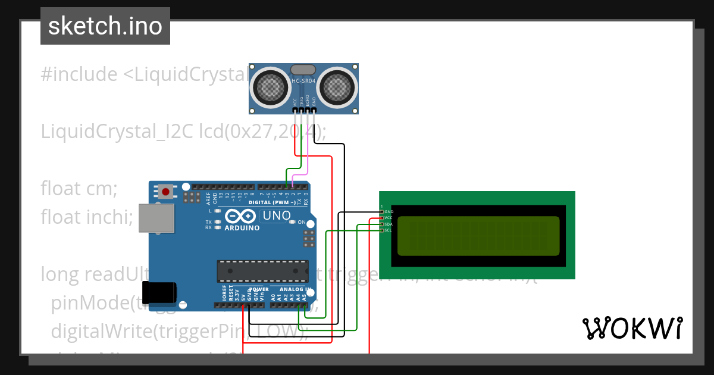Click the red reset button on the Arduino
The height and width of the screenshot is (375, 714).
165,192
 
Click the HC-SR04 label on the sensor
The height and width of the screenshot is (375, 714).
303,80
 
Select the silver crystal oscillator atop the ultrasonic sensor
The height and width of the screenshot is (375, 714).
303,70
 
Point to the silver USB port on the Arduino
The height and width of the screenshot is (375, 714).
156,218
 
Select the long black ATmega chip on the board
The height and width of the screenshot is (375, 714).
262,270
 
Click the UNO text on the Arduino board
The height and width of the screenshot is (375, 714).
277,215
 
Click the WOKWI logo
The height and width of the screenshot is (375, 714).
632,328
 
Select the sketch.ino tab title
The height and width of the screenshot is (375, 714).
105,26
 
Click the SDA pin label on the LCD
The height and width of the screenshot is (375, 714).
388,224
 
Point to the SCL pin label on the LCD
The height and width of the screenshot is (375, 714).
388,230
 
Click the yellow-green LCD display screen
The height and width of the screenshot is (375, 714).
478,235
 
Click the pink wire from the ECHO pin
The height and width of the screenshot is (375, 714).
308,155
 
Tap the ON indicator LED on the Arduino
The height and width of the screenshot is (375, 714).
292,222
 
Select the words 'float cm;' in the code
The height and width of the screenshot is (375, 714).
79,189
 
